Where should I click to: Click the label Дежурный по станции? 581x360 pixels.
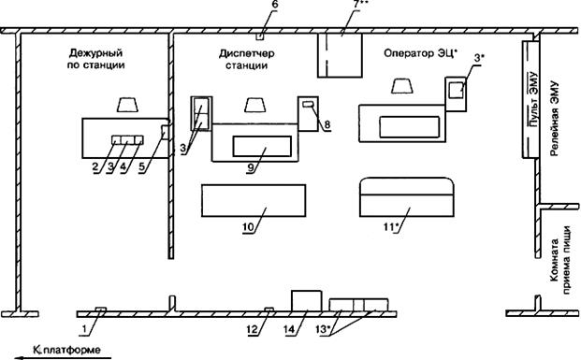pyautogui.click(x=96, y=59)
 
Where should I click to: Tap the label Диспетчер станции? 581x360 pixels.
pyautogui.click(x=247, y=59)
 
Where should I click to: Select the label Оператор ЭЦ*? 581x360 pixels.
pyautogui.click(x=421, y=53)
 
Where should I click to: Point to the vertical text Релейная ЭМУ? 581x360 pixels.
pyautogui.click(x=554, y=119)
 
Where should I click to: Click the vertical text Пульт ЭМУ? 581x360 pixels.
pyautogui.click(x=533, y=99)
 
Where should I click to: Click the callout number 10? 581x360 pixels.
pyautogui.click(x=249, y=227)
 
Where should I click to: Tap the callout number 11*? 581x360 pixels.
pyautogui.click(x=390, y=227)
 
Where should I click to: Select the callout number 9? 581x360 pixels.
pyautogui.click(x=252, y=167)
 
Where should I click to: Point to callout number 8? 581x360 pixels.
pyautogui.click(x=327, y=125)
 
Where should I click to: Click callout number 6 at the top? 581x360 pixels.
pyautogui.click(x=274, y=6)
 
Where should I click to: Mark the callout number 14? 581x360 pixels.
pyautogui.click(x=290, y=329)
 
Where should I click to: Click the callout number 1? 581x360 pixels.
pyautogui.click(x=85, y=329)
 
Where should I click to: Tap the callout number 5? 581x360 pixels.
pyautogui.click(x=142, y=167)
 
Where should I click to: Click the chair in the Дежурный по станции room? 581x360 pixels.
pyautogui.click(x=127, y=105)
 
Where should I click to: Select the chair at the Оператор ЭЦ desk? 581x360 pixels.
pyautogui.click(x=402, y=86)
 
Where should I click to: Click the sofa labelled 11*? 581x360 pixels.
pyautogui.click(x=407, y=197)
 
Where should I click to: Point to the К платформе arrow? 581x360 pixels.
pyautogui.click(x=63, y=358)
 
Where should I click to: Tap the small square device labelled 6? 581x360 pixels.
pyautogui.click(x=260, y=36)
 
